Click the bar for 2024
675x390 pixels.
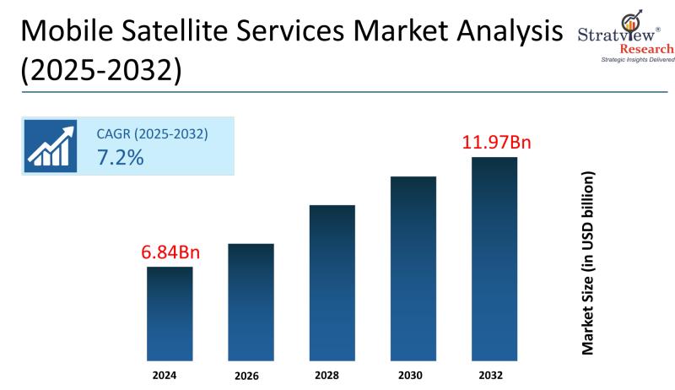(170, 313)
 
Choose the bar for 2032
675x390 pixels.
(494, 258)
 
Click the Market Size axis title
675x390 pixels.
(589, 263)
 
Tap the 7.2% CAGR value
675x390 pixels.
(121, 157)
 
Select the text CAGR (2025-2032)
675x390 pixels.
(153, 133)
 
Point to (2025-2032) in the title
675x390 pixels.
(100, 71)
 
